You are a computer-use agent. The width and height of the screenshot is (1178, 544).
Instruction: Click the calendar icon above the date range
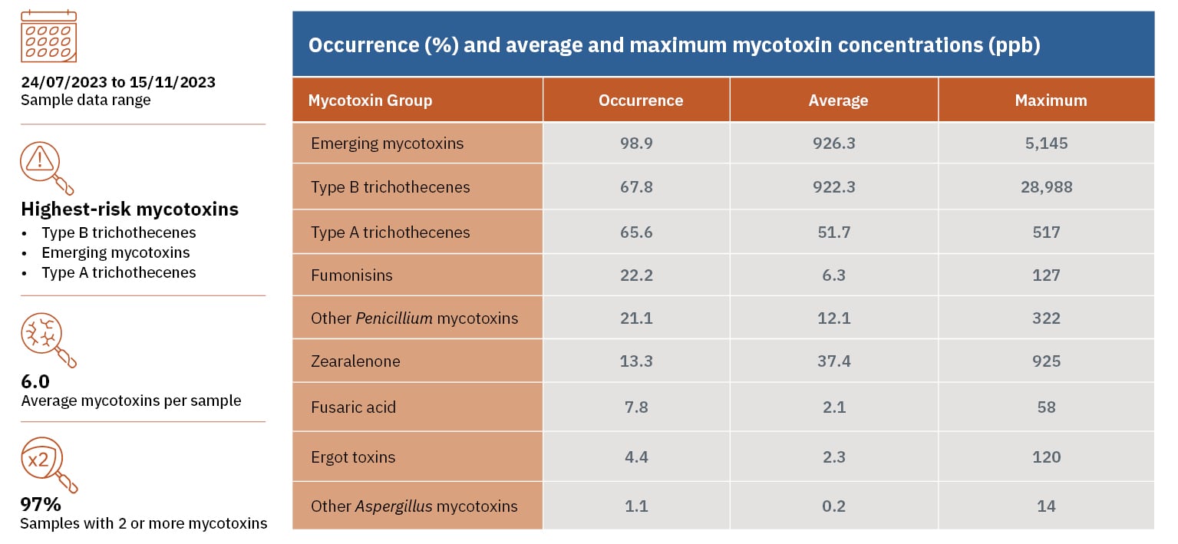click(48, 35)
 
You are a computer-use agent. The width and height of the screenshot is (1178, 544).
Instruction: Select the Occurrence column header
click(640, 101)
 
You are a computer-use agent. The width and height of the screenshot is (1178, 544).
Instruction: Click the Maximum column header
click(1050, 101)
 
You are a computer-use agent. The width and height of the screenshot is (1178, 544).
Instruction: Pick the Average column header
click(838, 101)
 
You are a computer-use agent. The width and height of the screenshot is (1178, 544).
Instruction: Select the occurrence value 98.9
click(636, 143)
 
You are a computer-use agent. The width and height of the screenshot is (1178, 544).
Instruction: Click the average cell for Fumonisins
click(834, 275)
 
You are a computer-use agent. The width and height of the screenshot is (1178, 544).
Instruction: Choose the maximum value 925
click(1046, 361)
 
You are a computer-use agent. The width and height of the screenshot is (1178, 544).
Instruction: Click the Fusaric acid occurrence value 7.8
click(636, 407)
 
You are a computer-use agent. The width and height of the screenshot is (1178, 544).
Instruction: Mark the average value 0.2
click(834, 506)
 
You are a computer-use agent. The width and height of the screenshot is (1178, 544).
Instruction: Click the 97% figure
click(40, 505)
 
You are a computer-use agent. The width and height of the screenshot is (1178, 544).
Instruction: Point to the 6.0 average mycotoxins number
click(35, 381)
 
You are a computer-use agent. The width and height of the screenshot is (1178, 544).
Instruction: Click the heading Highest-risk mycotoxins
click(130, 209)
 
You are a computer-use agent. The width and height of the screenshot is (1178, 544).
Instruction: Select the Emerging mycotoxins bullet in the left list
click(115, 252)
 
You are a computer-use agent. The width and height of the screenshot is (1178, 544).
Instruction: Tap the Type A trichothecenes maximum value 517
click(1046, 232)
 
